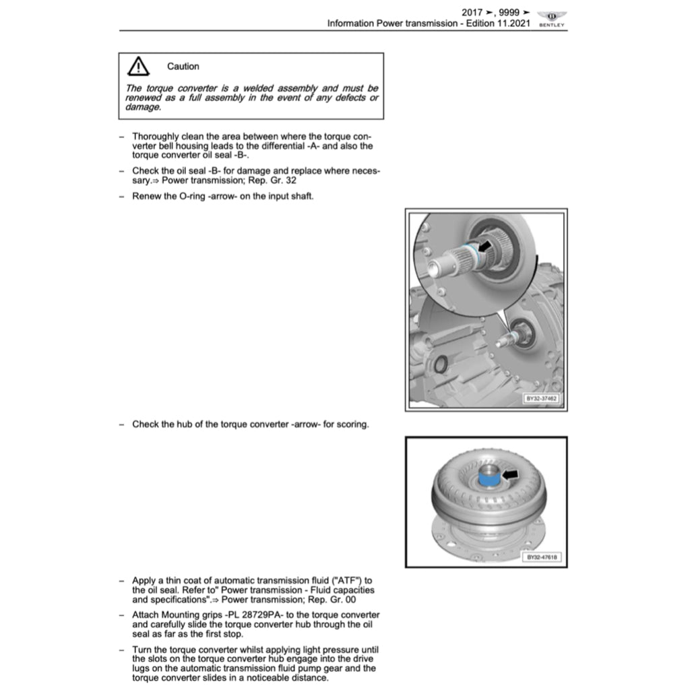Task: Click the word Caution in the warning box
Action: click(x=183, y=66)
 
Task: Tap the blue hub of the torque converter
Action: click(x=489, y=480)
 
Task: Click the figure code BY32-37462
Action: click(x=542, y=399)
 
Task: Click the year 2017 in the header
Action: click(x=472, y=12)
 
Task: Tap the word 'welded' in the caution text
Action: click(x=263, y=88)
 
